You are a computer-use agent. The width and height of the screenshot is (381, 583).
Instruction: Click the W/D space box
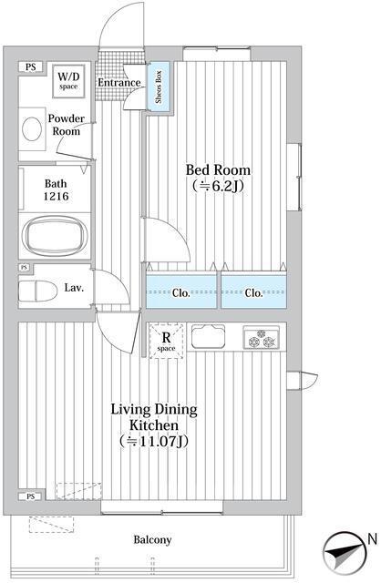click(68, 81)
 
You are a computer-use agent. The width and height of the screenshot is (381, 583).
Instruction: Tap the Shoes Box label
click(160, 87)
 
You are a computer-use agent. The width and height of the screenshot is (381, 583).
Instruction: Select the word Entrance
click(119, 83)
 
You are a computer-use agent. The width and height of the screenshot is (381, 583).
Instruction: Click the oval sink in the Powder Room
click(31, 129)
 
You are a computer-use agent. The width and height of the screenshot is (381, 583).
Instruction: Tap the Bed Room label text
click(218, 170)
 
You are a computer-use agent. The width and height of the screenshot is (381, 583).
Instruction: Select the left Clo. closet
click(181, 291)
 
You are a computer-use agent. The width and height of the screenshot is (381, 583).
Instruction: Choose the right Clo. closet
click(253, 291)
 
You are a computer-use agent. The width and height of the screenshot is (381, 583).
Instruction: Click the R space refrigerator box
click(166, 341)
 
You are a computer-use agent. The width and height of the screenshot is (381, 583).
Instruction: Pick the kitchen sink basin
click(208, 336)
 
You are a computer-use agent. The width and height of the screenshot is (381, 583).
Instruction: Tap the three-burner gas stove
click(262, 338)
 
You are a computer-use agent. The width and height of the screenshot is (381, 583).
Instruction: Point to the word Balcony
click(152, 539)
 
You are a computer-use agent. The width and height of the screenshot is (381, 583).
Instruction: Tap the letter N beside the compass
click(372, 539)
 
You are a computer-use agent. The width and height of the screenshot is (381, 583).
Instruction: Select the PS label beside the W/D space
click(31, 67)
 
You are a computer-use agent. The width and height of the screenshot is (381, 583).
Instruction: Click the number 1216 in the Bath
click(57, 196)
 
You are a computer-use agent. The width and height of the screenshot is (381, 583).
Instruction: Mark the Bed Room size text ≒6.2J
click(218, 186)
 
